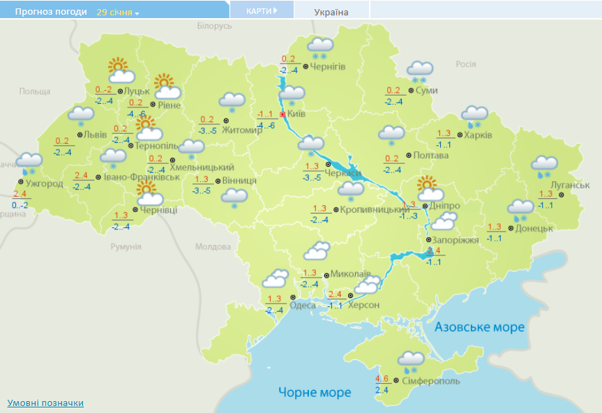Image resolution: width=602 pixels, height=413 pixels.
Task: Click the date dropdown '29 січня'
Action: [x=118, y=13]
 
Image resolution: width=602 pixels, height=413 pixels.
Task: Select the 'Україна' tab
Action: [x=331, y=12]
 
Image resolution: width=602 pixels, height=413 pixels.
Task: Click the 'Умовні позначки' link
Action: [x=45, y=403]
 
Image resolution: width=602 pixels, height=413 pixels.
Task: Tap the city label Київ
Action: [x=296, y=114]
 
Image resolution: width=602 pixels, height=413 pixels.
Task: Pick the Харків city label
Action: [x=478, y=135]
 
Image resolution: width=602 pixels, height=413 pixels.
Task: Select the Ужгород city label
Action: [x=44, y=184]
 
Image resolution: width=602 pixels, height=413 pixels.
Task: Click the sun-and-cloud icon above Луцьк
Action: [x=121, y=70]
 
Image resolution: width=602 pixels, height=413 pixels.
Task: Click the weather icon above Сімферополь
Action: [x=412, y=361]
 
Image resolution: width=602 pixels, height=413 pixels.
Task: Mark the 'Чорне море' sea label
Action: [x=315, y=392]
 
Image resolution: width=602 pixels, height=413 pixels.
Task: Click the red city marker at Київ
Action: [x=283, y=114]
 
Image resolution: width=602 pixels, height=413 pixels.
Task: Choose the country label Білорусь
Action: [x=213, y=26]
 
